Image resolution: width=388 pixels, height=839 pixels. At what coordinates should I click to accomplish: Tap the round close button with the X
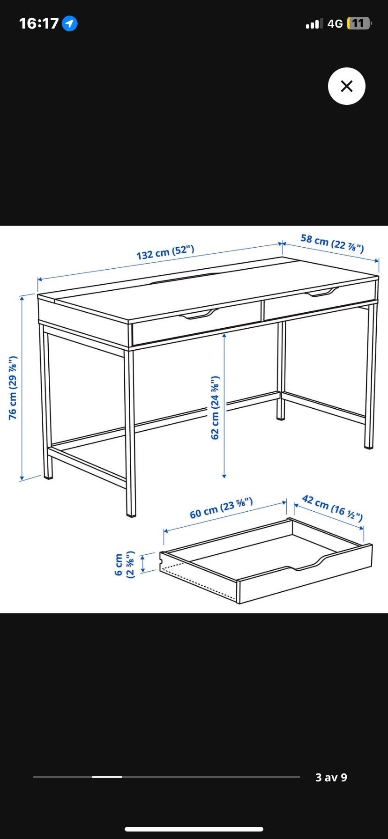coord(346,86)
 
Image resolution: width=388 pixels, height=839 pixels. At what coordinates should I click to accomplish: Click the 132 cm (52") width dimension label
coord(165,252)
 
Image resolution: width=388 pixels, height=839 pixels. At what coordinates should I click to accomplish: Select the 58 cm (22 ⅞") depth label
coord(332,243)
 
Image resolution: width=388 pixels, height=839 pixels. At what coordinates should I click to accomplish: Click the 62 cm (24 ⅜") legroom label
coord(215,407)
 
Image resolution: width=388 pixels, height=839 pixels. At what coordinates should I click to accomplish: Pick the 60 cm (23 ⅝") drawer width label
coord(221,508)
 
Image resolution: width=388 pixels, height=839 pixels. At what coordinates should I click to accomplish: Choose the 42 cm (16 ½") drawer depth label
coord(332,508)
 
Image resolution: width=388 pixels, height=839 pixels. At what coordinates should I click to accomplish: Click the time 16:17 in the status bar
coord(39,23)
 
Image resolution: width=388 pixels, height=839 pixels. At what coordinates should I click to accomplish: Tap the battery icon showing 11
coord(359,23)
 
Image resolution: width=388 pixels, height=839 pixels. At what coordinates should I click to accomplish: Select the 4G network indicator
coord(335,23)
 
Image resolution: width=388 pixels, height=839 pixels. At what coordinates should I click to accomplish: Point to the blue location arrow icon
coord(70,23)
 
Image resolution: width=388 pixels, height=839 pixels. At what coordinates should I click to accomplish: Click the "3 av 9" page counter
coord(331,777)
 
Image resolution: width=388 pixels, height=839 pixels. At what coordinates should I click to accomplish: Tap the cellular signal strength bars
coord(314,24)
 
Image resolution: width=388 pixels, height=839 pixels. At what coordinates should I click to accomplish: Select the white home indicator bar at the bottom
coord(194,829)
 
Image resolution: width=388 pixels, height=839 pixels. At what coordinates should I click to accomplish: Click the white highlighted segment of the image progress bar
coord(107,777)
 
